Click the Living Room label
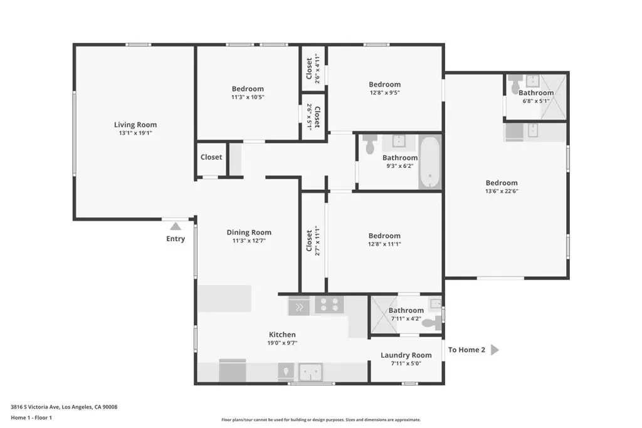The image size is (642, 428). pos(135,125)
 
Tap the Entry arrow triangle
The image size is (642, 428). pos(176,226)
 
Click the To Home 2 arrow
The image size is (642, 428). pos(495,350)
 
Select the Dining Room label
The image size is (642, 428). pos(249,232)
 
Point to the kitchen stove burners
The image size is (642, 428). pos(329,305)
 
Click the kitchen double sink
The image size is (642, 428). pos(310,372)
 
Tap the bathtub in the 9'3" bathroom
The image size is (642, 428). pos(429,162)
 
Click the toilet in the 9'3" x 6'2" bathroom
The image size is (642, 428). pos(370,144)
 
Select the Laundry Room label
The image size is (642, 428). pos(406,355)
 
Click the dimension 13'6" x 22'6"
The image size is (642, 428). pos(502,191)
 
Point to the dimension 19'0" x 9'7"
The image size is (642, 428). pos(282,343)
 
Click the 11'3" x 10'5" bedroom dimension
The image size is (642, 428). pos(248,97)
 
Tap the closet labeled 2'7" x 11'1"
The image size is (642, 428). pos(313,241)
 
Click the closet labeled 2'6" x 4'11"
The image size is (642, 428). pos(313,68)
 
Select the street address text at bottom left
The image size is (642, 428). pos(64,407)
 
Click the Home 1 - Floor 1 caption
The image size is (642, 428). pos(31,418)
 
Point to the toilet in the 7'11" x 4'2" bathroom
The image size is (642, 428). pos(432,323)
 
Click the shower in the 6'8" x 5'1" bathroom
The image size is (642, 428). pos(553,97)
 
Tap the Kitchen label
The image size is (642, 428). pos(282,335)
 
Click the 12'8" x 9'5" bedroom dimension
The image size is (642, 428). pos(384,93)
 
